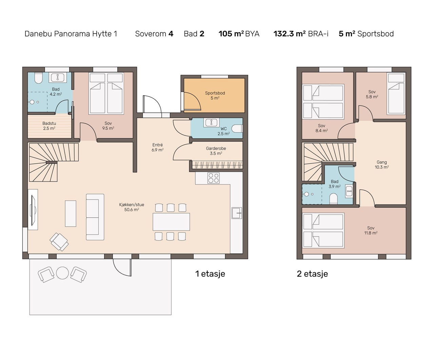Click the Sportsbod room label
click(x=215, y=95)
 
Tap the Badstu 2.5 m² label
click(x=49, y=126)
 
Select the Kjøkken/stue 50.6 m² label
click(x=132, y=207)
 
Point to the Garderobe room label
click(x=216, y=151)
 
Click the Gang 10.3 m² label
click(x=382, y=165)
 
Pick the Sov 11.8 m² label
click(x=371, y=230)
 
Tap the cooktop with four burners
click(x=214, y=178)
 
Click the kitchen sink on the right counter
click(x=237, y=213)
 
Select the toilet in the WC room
click(x=237, y=129)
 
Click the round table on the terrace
click(x=62, y=273)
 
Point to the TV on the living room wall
click(x=33, y=210)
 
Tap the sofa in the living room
click(x=95, y=217)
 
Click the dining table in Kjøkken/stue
click(x=171, y=222)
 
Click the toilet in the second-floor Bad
click(x=333, y=198)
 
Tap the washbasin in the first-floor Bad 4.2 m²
click(x=58, y=77)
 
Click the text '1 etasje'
click(x=210, y=274)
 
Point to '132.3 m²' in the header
click(x=289, y=34)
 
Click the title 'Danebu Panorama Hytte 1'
click(x=71, y=34)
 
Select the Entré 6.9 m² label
click(x=158, y=147)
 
